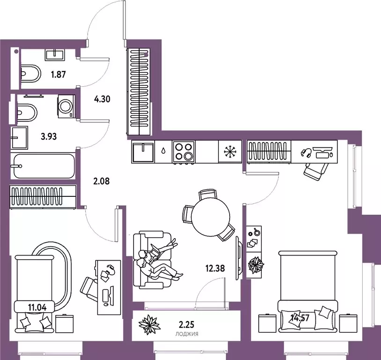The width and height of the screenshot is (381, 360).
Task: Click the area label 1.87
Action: [x=58, y=74]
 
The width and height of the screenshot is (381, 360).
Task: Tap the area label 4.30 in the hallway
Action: [x=102, y=99]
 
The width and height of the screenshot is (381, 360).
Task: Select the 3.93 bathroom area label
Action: [x=49, y=136]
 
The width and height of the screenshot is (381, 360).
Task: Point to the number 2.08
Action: [x=102, y=181]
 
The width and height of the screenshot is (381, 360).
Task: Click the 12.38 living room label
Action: [x=215, y=268]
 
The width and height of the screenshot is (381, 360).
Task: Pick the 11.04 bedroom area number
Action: [x=37, y=307]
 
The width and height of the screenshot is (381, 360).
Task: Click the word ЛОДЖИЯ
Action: [x=187, y=334]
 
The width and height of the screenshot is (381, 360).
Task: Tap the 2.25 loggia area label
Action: [x=187, y=324]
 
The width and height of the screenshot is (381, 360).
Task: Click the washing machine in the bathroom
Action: [x=66, y=106]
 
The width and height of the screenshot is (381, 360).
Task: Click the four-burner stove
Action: [x=183, y=152]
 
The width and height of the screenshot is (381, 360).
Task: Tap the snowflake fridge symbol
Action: [x=228, y=151]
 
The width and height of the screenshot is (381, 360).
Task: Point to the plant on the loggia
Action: [x=149, y=324]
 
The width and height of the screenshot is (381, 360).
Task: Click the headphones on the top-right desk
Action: [x=306, y=153]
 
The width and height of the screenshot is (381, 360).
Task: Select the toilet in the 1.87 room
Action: [x=30, y=73]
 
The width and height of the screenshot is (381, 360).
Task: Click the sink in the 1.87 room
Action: [x=55, y=54]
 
